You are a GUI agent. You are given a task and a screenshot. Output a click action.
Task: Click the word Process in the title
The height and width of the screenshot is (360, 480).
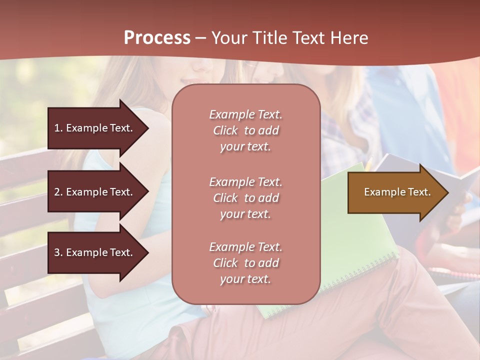(x=157, y=38)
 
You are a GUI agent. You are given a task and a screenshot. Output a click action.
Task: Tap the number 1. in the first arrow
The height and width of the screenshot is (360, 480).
(x=58, y=128)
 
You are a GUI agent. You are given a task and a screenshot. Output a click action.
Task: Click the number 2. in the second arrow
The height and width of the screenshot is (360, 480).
(x=58, y=192)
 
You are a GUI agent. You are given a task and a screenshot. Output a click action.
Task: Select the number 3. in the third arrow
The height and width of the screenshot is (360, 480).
(x=58, y=252)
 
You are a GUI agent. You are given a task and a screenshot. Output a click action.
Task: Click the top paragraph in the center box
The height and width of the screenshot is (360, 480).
(x=245, y=130)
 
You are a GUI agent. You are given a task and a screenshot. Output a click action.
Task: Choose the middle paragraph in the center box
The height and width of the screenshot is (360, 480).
(x=245, y=198)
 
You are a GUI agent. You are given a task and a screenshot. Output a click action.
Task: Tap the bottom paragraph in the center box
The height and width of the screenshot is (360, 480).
(x=245, y=263)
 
